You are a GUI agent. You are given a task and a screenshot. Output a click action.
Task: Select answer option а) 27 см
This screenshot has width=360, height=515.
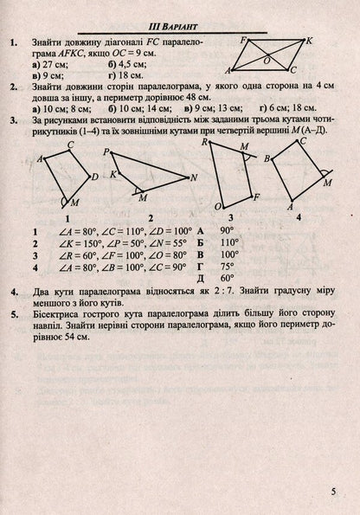point(47,62)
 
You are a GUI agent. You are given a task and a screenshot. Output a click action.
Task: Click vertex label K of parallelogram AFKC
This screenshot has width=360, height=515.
point(310,41)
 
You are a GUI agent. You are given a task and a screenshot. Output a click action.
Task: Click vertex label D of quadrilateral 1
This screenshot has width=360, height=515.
point(94,177)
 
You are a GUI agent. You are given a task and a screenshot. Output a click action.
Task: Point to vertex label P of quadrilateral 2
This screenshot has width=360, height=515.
point(106,151)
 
